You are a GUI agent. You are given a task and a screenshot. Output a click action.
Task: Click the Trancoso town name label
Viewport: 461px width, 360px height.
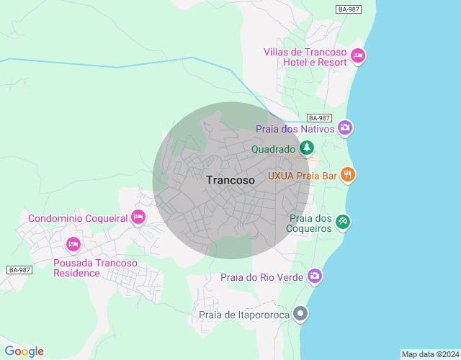[x=230, y=181]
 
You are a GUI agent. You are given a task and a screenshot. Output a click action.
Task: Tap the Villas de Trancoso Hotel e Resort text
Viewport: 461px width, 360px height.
[x=306, y=57]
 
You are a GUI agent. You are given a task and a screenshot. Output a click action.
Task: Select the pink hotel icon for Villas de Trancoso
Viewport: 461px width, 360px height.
[x=358, y=55]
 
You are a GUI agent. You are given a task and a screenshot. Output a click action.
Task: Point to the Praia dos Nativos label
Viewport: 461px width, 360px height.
[x=295, y=129]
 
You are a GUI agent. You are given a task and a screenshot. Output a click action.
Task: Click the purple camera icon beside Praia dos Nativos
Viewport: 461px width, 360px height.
[x=345, y=128]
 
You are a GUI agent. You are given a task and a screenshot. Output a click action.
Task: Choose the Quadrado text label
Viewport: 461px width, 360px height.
[x=273, y=149]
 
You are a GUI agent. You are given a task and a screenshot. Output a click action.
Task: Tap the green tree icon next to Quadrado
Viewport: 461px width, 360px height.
[x=308, y=148]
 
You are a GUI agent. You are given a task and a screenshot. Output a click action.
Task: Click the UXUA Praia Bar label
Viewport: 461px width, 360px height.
[x=303, y=175]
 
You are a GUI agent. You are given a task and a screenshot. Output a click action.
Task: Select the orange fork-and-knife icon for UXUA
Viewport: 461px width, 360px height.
[x=348, y=174]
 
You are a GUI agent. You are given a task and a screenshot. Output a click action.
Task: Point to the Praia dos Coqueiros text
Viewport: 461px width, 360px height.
[x=310, y=223]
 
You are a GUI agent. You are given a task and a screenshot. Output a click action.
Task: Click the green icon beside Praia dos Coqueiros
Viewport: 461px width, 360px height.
[x=343, y=222]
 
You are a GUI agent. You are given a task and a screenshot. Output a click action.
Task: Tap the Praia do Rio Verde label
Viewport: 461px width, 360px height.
[x=261, y=277]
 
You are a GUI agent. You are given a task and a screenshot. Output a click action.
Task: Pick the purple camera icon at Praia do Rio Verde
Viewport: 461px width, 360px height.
[x=314, y=276]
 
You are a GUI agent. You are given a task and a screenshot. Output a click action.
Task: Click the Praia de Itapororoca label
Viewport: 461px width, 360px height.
[x=244, y=315]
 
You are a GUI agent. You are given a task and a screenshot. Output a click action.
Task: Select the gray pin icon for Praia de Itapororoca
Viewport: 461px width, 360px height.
[x=301, y=314]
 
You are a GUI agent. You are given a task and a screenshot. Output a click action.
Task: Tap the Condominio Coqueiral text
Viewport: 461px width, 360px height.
[x=78, y=218]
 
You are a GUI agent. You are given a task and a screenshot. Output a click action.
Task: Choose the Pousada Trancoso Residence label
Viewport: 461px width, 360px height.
[x=95, y=268]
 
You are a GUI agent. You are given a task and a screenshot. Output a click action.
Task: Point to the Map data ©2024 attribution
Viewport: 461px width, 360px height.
[x=429, y=354]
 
